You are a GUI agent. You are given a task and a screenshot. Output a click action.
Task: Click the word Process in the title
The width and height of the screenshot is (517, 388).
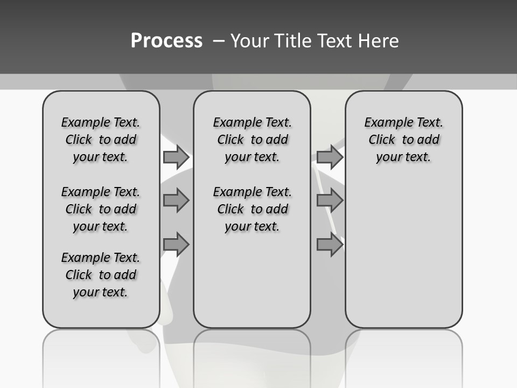166,40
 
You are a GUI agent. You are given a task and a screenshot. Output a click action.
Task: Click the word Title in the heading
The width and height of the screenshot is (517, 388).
292,41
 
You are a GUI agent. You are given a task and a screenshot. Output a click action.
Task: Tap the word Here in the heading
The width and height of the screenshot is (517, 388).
377,41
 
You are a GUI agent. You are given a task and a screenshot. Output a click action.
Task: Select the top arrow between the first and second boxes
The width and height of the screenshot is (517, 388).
176,157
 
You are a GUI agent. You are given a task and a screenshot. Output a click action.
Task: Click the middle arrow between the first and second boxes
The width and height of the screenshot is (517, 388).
176,200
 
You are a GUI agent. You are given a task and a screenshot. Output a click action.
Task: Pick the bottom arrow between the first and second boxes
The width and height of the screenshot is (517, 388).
176,245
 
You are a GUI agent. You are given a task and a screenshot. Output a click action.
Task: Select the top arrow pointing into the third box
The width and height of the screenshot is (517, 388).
330,157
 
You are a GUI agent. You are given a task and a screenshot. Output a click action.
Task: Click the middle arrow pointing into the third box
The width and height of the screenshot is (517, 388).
330,200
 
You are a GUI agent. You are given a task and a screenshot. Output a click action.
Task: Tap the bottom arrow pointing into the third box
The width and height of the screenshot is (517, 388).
330,245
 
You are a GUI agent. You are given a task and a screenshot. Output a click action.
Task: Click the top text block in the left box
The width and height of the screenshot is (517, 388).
101,140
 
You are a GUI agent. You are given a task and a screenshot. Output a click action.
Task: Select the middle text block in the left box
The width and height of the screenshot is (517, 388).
101,209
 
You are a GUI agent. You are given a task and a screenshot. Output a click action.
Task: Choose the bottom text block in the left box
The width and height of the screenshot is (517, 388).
101,275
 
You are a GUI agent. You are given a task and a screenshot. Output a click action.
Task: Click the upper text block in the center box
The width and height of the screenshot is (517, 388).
252,140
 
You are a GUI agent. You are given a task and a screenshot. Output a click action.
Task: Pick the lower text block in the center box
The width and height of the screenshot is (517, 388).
252,209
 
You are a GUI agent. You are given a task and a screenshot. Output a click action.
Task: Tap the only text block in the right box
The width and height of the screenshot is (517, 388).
403,140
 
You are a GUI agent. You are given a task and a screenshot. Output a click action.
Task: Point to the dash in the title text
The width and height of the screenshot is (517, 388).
218,41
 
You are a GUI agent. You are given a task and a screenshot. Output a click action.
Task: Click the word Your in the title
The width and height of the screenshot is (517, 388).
249,41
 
